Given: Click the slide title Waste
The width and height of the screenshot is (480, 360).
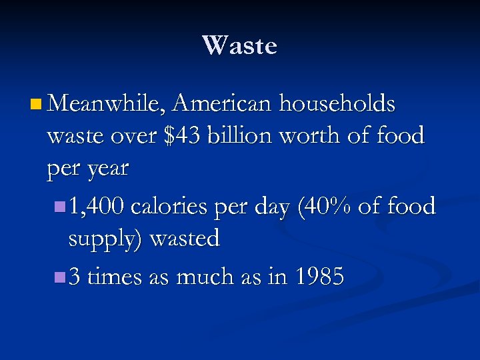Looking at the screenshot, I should click(239, 46).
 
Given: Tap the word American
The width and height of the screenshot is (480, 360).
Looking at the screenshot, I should click(223, 104).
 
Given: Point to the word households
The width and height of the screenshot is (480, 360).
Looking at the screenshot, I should click(337, 104).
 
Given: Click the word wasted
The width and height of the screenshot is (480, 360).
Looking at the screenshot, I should click(185, 238).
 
